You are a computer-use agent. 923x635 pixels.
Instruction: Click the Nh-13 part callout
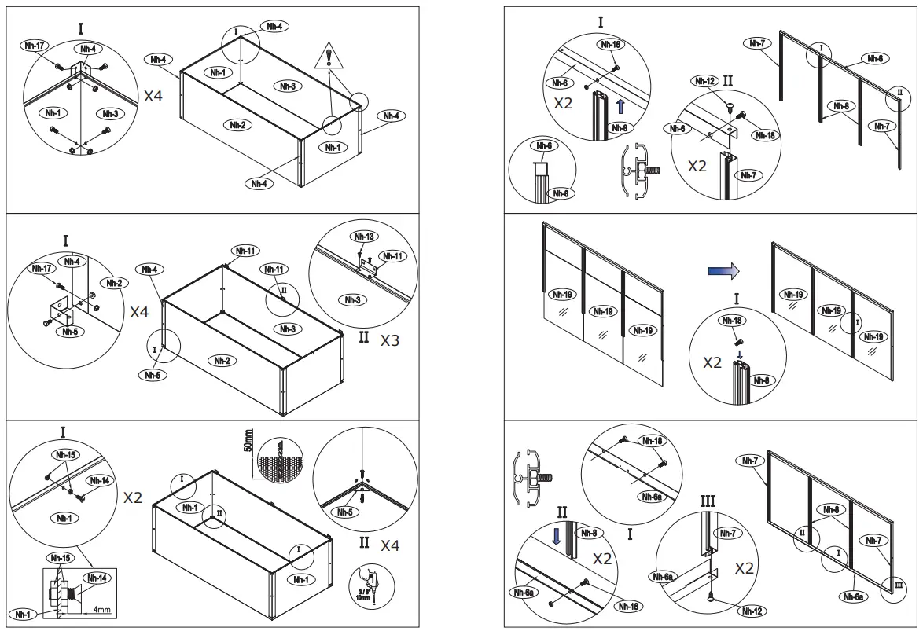click(x=364, y=237)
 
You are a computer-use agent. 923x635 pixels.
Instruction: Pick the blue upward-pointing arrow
click(x=620, y=105)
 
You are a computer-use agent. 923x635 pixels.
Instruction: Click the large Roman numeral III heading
click(x=707, y=501)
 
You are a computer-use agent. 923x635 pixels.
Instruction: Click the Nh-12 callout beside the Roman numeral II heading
click(x=704, y=81)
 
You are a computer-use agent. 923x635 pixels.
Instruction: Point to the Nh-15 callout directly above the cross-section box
click(x=60, y=559)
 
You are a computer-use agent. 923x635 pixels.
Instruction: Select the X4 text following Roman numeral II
click(x=389, y=545)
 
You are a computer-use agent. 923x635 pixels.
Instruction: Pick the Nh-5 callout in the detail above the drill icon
click(x=344, y=513)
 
